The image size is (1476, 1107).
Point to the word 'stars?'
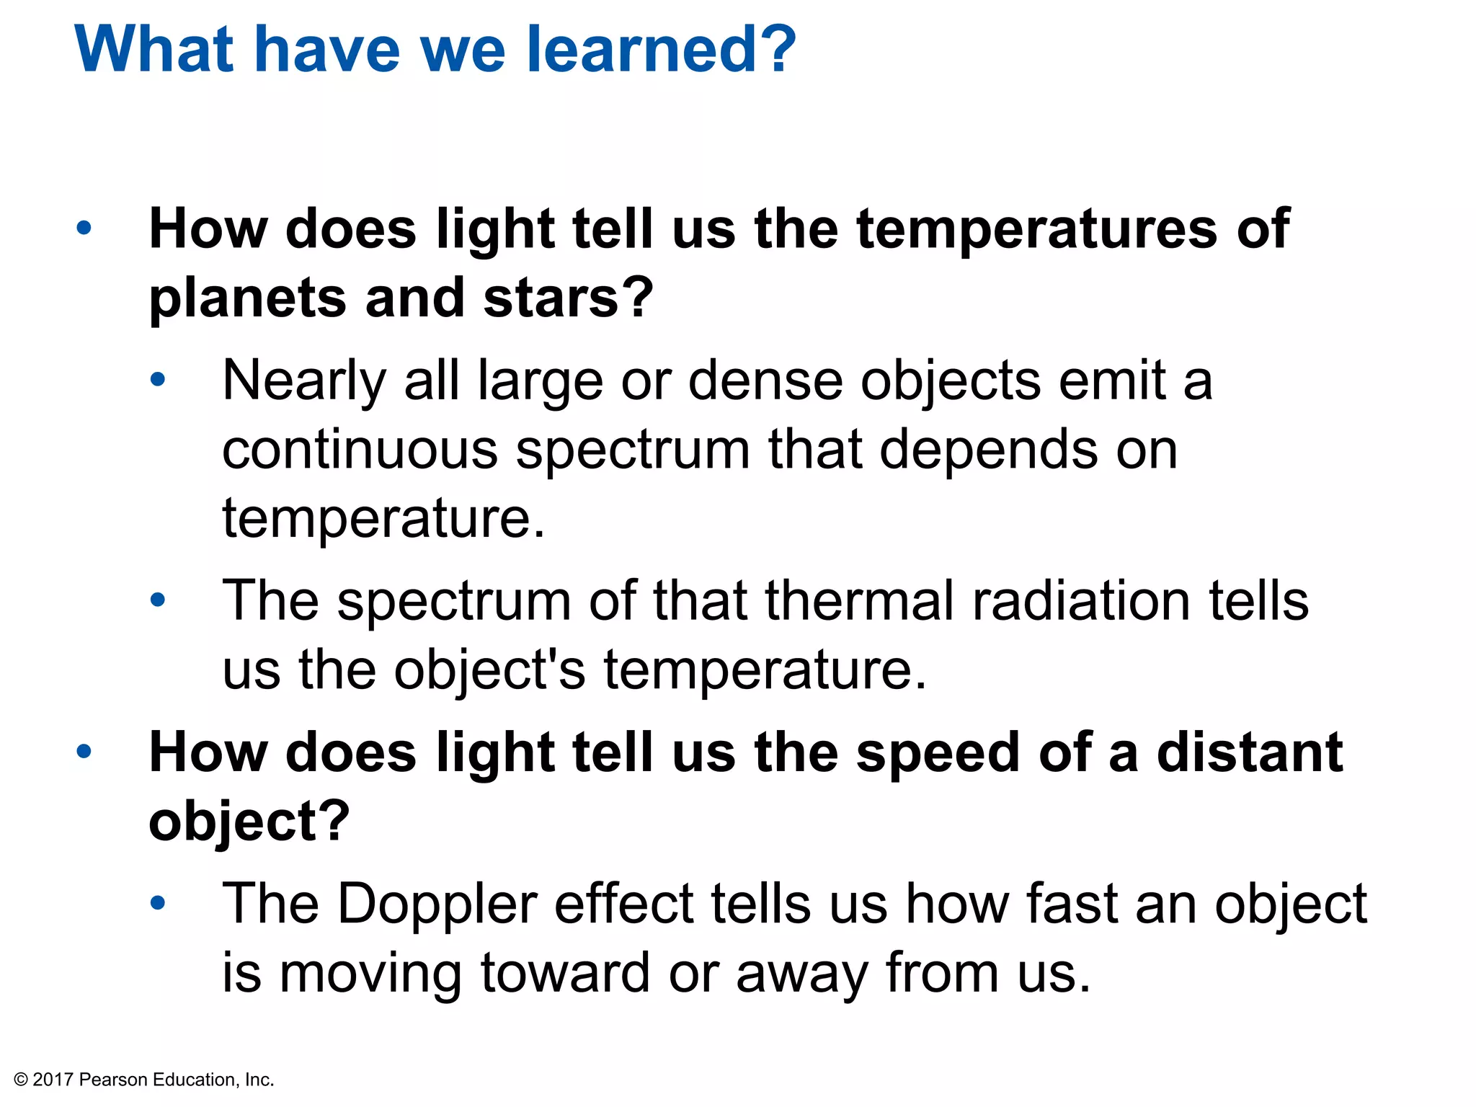click(x=568, y=298)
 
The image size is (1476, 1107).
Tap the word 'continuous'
click(x=360, y=450)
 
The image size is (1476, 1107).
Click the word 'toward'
click(x=565, y=973)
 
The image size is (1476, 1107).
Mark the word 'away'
click(x=801, y=973)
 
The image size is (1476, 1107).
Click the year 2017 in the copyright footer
click(x=53, y=1080)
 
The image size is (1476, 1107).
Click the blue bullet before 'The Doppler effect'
click(x=157, y=902)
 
